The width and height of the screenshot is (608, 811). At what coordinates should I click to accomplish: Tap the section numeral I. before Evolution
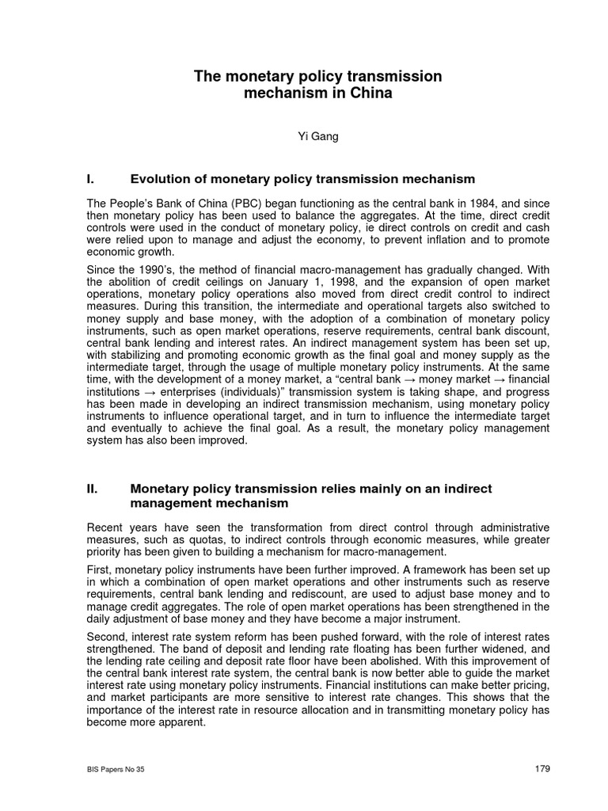tap(91, 180)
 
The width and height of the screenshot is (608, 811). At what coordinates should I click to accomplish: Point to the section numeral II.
tap(93, 489)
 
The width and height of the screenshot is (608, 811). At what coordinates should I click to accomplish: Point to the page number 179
tap(541, 768)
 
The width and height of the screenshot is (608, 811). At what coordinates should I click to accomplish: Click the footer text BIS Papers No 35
tap(116, 769)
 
